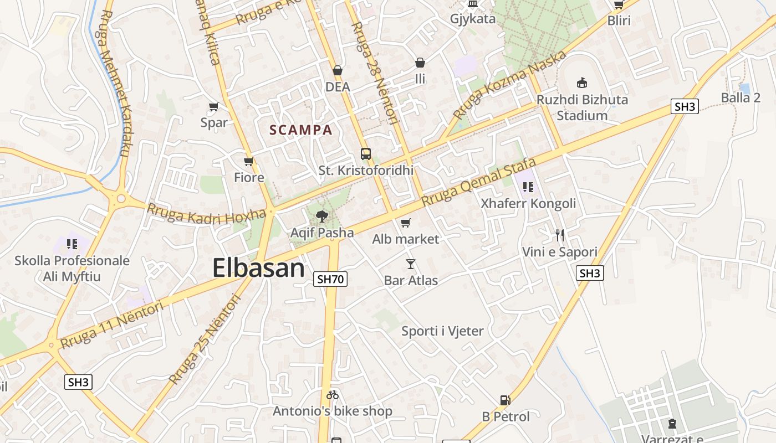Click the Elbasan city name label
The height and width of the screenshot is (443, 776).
(x=258, y=269)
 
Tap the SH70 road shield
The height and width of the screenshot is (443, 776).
(x=330, y=279)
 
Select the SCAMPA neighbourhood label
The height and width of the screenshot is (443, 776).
(x=300, y=130)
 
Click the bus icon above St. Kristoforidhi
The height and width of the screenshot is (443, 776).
(x=366, y=153)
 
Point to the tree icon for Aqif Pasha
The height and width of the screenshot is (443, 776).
(x=321, y=217)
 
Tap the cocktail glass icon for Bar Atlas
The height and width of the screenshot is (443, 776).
(x=411, y=264)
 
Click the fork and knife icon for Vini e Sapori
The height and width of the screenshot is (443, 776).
(x=560, y=235)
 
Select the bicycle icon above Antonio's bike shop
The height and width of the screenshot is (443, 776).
(x=333, y=395)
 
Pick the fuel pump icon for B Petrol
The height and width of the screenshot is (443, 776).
(x=505, y=400)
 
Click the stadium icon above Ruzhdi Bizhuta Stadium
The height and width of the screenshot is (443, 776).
(x=582, y=83)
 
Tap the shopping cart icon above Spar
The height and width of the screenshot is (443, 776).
(x=214, y=106)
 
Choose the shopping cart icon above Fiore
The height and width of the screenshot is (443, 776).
(x=249, y=161)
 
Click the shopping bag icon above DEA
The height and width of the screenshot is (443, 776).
(x=338, y=70)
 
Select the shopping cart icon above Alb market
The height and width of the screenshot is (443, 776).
(x=406, y=223)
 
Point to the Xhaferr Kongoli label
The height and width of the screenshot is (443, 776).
(x=528, y=203)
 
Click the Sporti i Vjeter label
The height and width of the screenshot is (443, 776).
(x=442, y=331)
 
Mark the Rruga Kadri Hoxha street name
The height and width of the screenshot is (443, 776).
(x=206, y=214)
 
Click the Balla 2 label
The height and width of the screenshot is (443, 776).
(x=741, y=98)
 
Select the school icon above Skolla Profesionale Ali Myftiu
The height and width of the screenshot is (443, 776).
(x=72, y=244)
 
